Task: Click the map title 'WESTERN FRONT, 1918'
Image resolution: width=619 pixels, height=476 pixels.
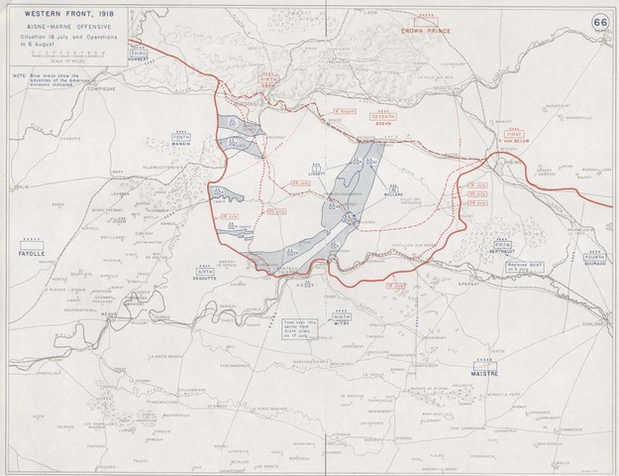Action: coord(50,15)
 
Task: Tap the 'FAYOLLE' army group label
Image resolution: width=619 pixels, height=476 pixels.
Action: coord(34,254)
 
